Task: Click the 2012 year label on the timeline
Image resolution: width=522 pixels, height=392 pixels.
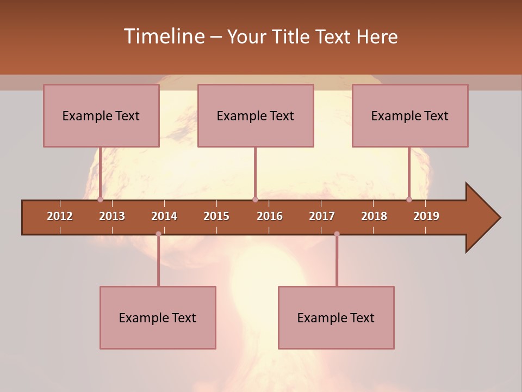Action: pyautogui.click(x=60, y=216)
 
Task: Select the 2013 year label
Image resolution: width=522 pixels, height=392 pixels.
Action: pyautogui.click(x=112, y=216)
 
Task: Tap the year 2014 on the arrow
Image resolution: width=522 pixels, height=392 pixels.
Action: pyautogui.click(x=164, y=216)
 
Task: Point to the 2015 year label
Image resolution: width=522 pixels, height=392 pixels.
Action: pyautogui.click(x=216, y=216)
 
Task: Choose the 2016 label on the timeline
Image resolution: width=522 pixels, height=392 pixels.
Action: pyautogui.click(x=270, y=216)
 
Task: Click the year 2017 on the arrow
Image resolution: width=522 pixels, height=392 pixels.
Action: pyautogui.click(x=322, y=216)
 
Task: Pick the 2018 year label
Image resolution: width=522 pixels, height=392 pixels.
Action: pyautogui.click(x=374, y=216)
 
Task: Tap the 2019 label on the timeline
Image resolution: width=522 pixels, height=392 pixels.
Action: pyautogui.click(x=426, y=216)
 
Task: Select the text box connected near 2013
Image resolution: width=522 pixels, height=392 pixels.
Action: pyautogui.click(x=101, y=116)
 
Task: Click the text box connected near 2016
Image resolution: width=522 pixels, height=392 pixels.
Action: pyautogui.click(x=256, y=116)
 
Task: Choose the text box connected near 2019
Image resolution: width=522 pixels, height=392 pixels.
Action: pyautogui.click(x=410, y=116)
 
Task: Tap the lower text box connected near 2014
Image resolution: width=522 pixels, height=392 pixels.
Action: pyautogui.click(x=158, y=318)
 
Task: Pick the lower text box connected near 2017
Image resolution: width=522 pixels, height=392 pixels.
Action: pyautogui.click(x=336, y=318)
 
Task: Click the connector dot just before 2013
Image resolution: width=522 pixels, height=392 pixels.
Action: pyautogui.click(x=100, y=200)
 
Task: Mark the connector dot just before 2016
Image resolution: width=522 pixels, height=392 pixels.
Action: pyautogui.click(x=255, y=200)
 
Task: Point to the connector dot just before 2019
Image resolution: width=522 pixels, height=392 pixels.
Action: pyautogui.click(x=409, y=200)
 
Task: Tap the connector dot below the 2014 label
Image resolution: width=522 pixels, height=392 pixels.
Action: pyautogui.click(x=158, y=234)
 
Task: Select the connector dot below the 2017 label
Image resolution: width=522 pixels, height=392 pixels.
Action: pyautogui.click(x=337, y=234)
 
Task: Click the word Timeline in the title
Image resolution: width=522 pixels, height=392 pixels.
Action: pyautogui.click(x=163, y=36)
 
